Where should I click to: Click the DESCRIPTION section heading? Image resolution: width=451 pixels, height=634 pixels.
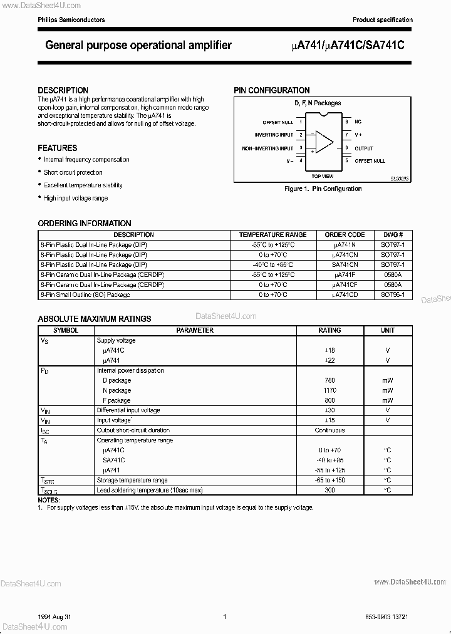coord(63,90)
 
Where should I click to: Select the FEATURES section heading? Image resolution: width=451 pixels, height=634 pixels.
coord(58,148)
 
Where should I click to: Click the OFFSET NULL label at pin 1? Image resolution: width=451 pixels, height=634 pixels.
coord(277,122)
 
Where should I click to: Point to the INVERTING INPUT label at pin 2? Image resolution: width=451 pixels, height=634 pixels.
coord(273,135)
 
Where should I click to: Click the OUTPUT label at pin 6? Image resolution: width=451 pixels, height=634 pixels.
coord(364,148)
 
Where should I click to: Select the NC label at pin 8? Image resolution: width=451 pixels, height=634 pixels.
coord(358,122)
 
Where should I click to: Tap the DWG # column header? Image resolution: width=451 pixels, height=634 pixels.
coord(393,235)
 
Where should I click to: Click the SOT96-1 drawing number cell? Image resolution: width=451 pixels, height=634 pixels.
coord(393,294)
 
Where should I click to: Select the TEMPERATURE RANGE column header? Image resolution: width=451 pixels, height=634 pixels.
coord(272,235)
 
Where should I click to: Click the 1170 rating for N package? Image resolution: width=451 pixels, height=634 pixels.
coord(329,390)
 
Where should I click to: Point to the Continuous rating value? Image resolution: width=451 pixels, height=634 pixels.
coord(329,430)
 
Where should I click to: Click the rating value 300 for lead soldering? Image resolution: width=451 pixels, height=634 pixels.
coord(329,490)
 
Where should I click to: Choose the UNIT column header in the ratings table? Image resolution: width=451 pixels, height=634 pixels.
coord(388,330)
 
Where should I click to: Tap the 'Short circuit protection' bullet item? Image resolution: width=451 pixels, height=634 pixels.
coord(73,172)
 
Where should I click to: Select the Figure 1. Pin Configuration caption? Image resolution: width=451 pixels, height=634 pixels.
coord(323,189)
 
